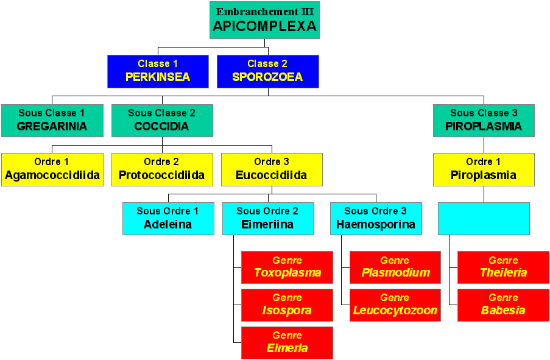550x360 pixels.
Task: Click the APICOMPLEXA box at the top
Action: click(264, 20)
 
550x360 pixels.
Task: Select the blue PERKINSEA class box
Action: click(158, 71)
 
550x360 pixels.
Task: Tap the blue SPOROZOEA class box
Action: click(268, 71)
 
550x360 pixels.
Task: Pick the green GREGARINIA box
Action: click(52, 121)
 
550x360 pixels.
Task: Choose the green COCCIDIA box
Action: click(162, 121)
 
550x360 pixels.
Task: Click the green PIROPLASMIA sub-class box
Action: click(484, 121)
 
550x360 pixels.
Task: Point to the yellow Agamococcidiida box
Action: click(52, 169)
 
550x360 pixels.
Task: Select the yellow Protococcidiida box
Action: click(162, 169)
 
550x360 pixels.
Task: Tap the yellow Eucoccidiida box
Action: click(272, 169)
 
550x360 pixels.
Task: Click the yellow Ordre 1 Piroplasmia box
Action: click(484, 169)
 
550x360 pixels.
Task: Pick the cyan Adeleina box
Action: click(168, 219)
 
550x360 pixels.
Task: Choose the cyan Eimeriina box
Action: click(268, 219)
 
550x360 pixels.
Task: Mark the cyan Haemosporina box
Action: click(376, 219)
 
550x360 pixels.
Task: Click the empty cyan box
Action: click(484, 219)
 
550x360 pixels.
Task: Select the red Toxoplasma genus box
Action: click(287, 267)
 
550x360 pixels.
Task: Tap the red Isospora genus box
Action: click(287, 305)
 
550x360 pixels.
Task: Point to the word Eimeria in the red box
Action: click(287, 348)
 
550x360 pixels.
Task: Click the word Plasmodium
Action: click(396, 273)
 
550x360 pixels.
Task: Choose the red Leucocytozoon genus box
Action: click(395, 305)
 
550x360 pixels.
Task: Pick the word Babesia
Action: click(503, 310)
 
